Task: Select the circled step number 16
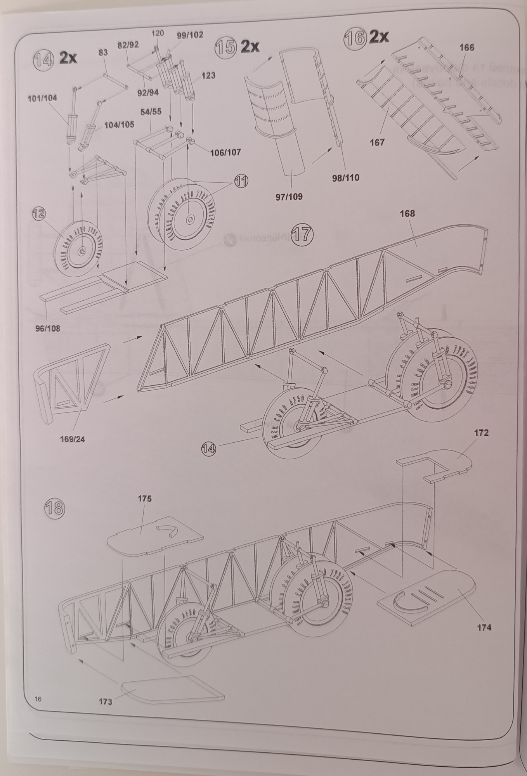click(x=355, y=38)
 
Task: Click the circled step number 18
click(x=54, y=508)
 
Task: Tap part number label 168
click(x=407, y=213)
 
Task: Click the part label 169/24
click(x=72, y=439)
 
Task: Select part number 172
click(x=481, y=433)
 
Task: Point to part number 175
click(x=144, y=498)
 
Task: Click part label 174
click(x=484, y=627)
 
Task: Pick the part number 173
click(x=105, y=702)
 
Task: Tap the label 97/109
click(x=289, y=196)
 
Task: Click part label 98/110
click(x=346, y=178)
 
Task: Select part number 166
click(x=466, y=47)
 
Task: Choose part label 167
click(x=377, y=142)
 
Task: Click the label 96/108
click(x=48, y=329)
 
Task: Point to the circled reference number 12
click(x=39, y=213)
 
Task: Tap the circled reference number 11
click(x=241, y=181)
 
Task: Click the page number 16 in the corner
click(x=38, y=699)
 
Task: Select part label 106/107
click(x=225, y=152)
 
